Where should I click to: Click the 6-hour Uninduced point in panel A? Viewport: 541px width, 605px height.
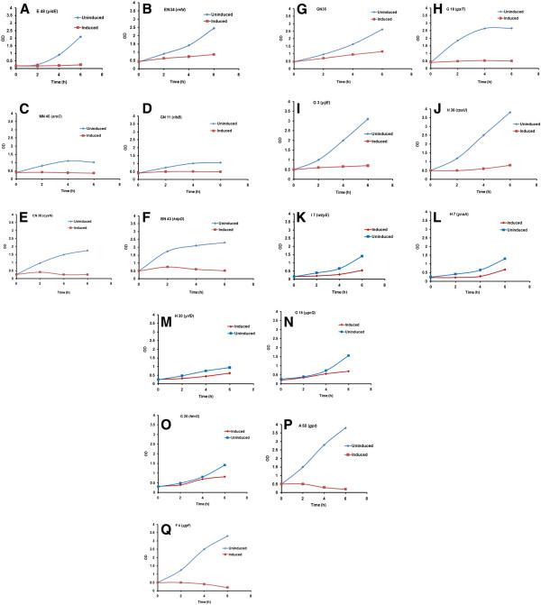click(80, 37)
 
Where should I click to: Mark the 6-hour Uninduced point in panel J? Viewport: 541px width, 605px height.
click(510, 113)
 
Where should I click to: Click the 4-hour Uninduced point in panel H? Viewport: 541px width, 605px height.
click(486, 28)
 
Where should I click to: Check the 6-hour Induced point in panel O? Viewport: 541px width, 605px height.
click(224, 476)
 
